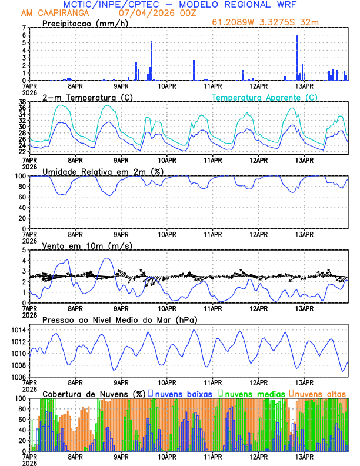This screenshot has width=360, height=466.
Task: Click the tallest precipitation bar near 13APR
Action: [x=296, y=58]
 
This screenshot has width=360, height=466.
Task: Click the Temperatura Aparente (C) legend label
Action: [x=264, y=97]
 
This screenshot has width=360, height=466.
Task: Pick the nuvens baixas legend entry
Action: [x=183, y=394]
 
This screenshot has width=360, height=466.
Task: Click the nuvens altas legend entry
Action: [x=320, y=394]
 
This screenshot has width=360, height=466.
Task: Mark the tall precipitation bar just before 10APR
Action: [x=151, y=61]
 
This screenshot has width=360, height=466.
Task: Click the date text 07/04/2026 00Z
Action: [x=145, y=12]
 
